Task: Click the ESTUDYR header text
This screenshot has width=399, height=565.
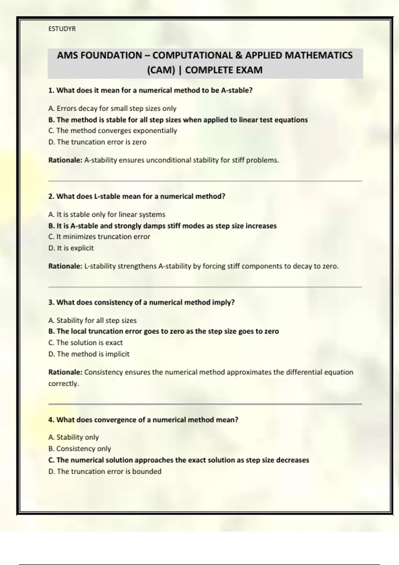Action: coord(62,29)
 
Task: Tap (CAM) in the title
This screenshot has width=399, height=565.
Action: coord(161,70)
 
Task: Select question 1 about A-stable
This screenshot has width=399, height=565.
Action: coord(150,90)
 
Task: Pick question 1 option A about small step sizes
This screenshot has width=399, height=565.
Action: coord(112,108)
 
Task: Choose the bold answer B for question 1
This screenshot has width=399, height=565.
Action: coord(178,120)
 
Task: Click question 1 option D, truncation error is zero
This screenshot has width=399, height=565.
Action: coord(97,142)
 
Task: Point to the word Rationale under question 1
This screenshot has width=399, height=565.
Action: coord(65,160)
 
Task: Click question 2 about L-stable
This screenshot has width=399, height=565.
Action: coord(137,196)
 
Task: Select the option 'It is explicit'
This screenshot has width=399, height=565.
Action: coord(71,248)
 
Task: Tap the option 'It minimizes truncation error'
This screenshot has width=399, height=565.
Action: coord(99,237)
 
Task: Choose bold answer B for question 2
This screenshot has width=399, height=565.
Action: coord(162,226)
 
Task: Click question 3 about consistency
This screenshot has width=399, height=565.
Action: coord(141,302)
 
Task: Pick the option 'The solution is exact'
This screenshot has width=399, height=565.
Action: coord(85,343)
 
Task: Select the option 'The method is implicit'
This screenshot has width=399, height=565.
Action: coord(89,354)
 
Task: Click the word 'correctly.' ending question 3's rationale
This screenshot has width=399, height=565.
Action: coord(64,384)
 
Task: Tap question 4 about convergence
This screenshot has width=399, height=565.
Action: coord(143,420)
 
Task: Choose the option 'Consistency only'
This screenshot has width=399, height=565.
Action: coord(79,449)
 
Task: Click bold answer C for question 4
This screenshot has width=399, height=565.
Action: coord(179,460)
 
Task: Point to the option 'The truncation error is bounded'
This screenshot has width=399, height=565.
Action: coord(105,471)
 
